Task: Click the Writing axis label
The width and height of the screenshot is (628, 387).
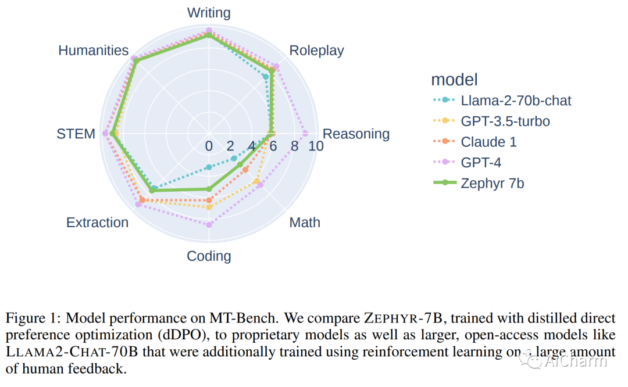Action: click(x=209, y=13)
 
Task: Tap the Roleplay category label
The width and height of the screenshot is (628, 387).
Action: click(x=316, y=51)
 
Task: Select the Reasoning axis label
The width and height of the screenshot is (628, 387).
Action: click(x=356, y=134)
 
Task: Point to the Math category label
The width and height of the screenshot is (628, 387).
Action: click(x=305, y=223)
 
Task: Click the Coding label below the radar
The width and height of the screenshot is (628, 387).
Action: click(x=209, y=256)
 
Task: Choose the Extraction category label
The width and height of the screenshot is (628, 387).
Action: click(x=97, y=223)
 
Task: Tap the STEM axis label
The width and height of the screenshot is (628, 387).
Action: click(x=76, y=134)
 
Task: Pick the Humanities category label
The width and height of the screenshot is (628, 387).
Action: click(x=93, y=51)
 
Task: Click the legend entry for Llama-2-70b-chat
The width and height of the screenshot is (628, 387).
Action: click(x=516, y=101)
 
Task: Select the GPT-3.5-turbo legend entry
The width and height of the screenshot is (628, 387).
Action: click(x=505, y=122)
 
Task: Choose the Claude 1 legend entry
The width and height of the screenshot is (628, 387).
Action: click(x=488, y=142)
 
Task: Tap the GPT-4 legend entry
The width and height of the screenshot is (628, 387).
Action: click(x=481, y=163)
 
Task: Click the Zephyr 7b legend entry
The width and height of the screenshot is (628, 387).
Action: click(x=492, y=184)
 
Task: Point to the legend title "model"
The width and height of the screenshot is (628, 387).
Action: click(x=454, y=80)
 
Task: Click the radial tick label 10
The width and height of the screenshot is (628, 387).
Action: click(x=316, y=146)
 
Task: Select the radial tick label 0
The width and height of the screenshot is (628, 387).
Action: click(x=209, y=146)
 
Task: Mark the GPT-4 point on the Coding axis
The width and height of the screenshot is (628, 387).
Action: click(x=209, y=224)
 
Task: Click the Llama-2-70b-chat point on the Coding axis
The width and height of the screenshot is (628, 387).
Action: click(x=209, y=167)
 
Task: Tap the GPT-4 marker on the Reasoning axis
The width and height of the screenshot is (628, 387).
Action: click(x=305, y=134)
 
